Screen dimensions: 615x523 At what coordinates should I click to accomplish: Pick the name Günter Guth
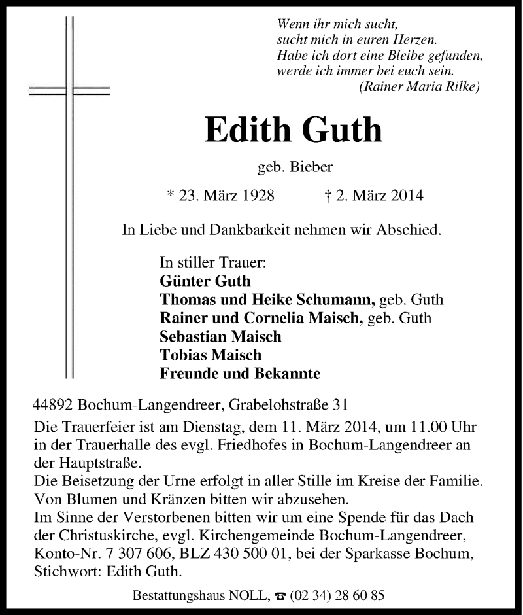205,281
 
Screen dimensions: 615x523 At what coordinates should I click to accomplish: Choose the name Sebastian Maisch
220,337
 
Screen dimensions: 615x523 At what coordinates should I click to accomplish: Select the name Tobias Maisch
211,355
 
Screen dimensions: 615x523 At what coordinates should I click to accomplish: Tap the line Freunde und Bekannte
240,374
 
